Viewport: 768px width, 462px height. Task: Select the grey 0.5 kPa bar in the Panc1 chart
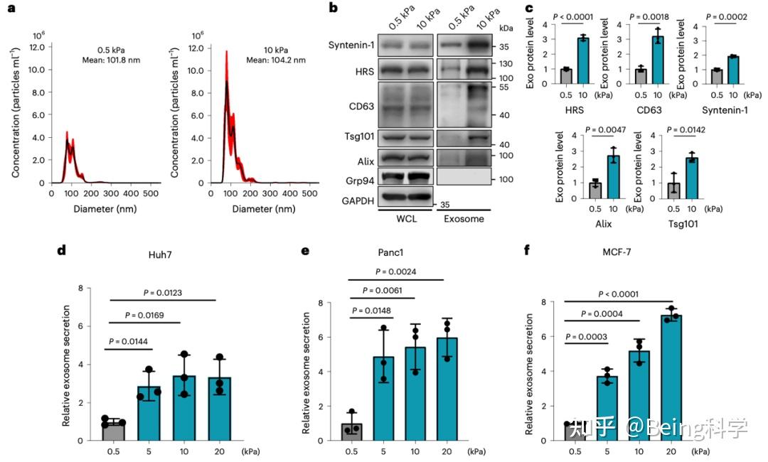[x=352, y=432]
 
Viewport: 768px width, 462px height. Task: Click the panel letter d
[x=62, y=251]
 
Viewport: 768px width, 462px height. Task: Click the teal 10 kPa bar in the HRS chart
[x=583, y=61]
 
